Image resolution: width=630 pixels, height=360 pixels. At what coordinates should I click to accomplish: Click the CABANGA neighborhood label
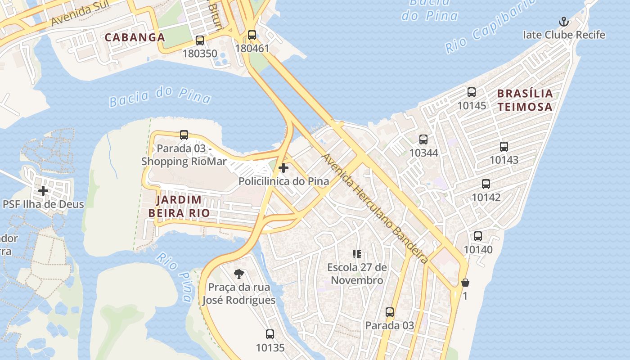pos(135,37)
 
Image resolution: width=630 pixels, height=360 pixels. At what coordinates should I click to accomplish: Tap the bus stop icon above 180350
pos(200,40)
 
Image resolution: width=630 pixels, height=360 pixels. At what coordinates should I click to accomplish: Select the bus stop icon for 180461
pos(252,35)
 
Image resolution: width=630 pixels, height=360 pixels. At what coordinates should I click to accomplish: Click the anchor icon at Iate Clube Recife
pos(563,22)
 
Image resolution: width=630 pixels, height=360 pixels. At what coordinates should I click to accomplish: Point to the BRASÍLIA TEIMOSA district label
pos(525,100)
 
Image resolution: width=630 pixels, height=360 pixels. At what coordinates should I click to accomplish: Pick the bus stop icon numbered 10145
pos(472,92)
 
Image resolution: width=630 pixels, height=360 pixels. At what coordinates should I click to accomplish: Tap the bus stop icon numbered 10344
pos(423,139)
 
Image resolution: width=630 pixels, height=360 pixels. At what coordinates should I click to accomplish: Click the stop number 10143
pos(504,160)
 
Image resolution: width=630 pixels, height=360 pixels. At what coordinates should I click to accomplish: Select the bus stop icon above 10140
pos(478,236)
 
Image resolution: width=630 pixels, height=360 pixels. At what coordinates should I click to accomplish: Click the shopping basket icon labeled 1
pos(465,283)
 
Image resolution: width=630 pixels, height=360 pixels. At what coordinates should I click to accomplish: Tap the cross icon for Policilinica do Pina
pos(283,168)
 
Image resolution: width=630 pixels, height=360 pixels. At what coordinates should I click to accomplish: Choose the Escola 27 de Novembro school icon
pos(357,254)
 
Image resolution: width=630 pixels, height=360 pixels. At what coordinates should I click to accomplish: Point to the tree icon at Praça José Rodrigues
pos(239,274)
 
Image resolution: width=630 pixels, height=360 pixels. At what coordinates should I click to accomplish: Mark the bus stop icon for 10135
pos(270,334)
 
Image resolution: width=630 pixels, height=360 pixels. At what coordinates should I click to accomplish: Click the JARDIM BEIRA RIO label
pos(183,206)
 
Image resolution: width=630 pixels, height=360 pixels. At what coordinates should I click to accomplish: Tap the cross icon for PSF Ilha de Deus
pos(43,191)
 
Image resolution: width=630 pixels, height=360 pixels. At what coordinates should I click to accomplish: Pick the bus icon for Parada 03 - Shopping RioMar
pos(184,135)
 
